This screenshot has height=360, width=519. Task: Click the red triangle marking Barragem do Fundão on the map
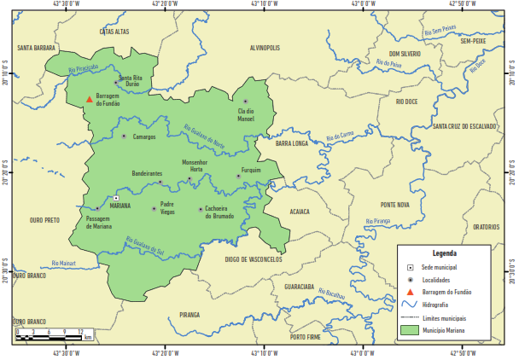point(90,99)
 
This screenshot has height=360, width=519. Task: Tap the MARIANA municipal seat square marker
point(116,198)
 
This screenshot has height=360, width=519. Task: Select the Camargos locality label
point(144,136)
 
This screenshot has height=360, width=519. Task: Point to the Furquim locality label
point(251,170)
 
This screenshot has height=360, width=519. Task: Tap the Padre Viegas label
point(167,207)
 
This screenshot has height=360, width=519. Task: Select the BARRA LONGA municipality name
point(291,144)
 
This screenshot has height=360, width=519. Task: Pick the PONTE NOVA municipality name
point(396,205)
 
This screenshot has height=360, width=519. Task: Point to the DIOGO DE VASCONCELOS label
point(254,258)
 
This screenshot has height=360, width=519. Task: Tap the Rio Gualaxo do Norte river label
point(206,136)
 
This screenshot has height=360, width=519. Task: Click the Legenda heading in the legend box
point(444,253)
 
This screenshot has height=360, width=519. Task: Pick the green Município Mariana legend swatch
point(411,328)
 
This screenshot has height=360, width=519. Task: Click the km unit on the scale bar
point(89,338)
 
